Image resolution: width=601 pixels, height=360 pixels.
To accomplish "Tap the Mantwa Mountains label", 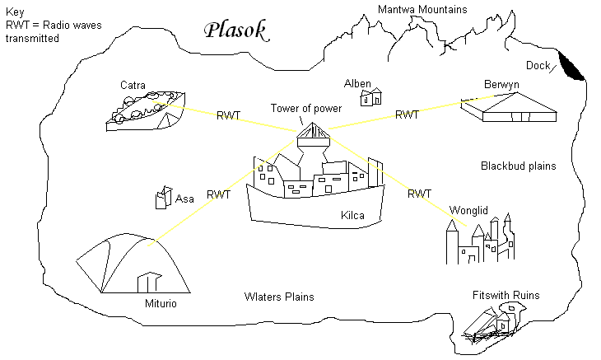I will (x=422, y=9).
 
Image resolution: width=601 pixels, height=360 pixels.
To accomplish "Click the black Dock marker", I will (x=572, y=67).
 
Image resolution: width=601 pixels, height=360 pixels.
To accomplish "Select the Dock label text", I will (x=538, y=66).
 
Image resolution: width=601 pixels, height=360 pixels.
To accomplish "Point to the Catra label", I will (x=133, y=85).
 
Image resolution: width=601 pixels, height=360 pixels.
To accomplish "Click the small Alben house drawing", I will (x=371, y=97).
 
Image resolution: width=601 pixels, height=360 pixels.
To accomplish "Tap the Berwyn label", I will (x=502, y=85).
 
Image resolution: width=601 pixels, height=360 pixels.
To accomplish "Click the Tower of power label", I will (x=306, y=109).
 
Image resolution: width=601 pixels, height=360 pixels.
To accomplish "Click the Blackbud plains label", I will (x=518, y=166).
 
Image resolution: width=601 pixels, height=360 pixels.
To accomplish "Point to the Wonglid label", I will (x=468, y=209).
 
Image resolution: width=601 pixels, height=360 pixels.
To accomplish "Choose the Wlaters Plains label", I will (x=279, y=297).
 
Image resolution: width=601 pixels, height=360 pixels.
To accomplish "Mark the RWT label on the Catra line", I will (x=228, y=115).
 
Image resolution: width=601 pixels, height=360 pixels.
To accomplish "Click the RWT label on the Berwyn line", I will (x=408, y=115).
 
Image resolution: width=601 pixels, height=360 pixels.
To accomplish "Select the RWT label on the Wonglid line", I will (x=419, y=194).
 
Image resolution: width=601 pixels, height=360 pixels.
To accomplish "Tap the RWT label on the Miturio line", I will (x=218, y=195).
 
